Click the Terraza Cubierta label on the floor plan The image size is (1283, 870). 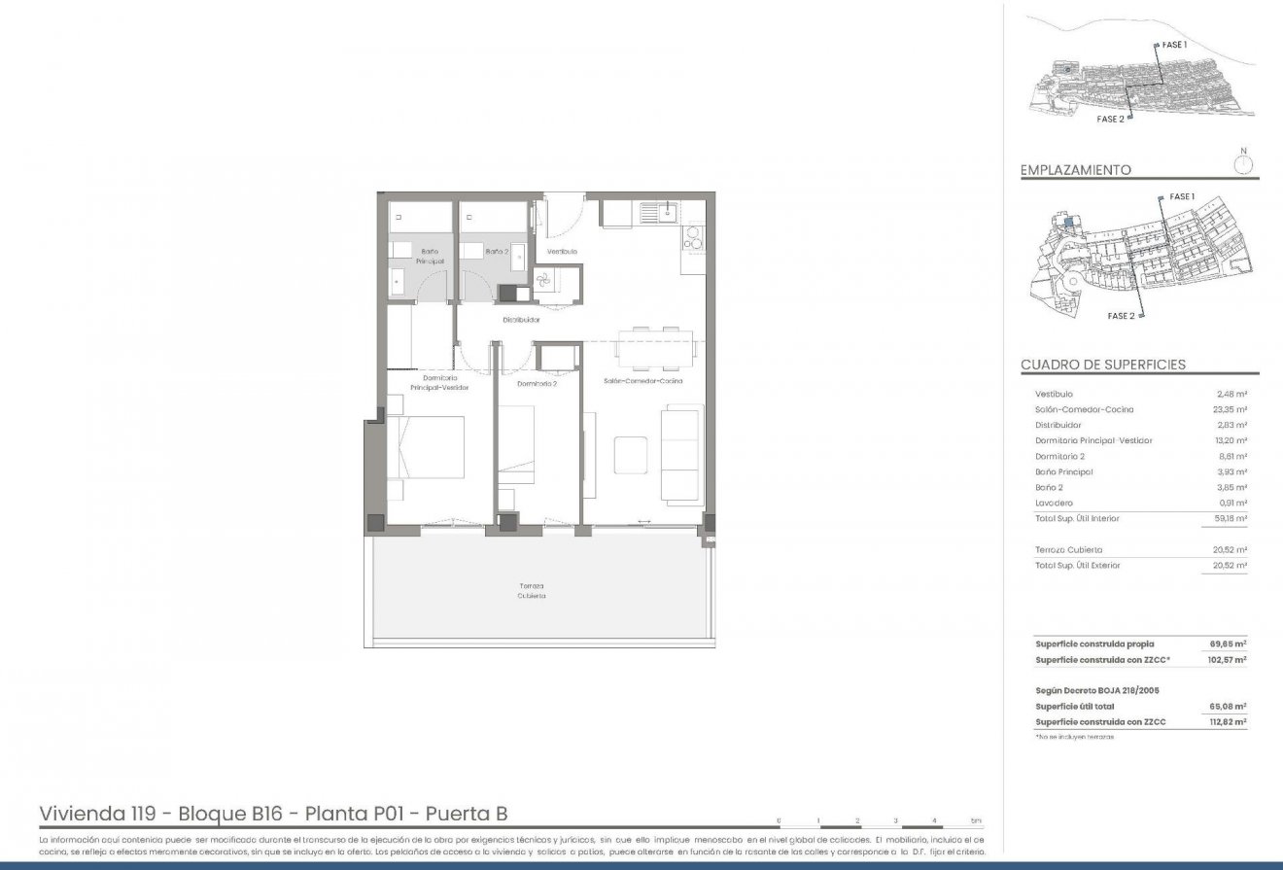(531, 591)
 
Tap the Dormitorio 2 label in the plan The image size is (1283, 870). (537, 383)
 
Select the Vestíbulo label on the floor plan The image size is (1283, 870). (562, 252)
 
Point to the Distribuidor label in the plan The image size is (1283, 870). (521, 319)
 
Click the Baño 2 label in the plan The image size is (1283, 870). (497, 252)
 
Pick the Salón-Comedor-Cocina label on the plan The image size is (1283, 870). (642, 380)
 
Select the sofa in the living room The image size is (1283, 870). (680, 454)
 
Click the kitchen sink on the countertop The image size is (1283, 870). (669, 212)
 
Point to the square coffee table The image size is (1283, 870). (630, 455)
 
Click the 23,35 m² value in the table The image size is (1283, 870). (1232, 410)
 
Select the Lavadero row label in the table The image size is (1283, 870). (1054, 503)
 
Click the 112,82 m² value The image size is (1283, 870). (1228, 722)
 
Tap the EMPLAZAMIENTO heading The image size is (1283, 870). (1075, 170)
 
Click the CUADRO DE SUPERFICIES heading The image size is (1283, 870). (1102, 365)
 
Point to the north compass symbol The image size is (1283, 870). (1243, 163)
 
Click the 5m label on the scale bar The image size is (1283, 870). (976, 819)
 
